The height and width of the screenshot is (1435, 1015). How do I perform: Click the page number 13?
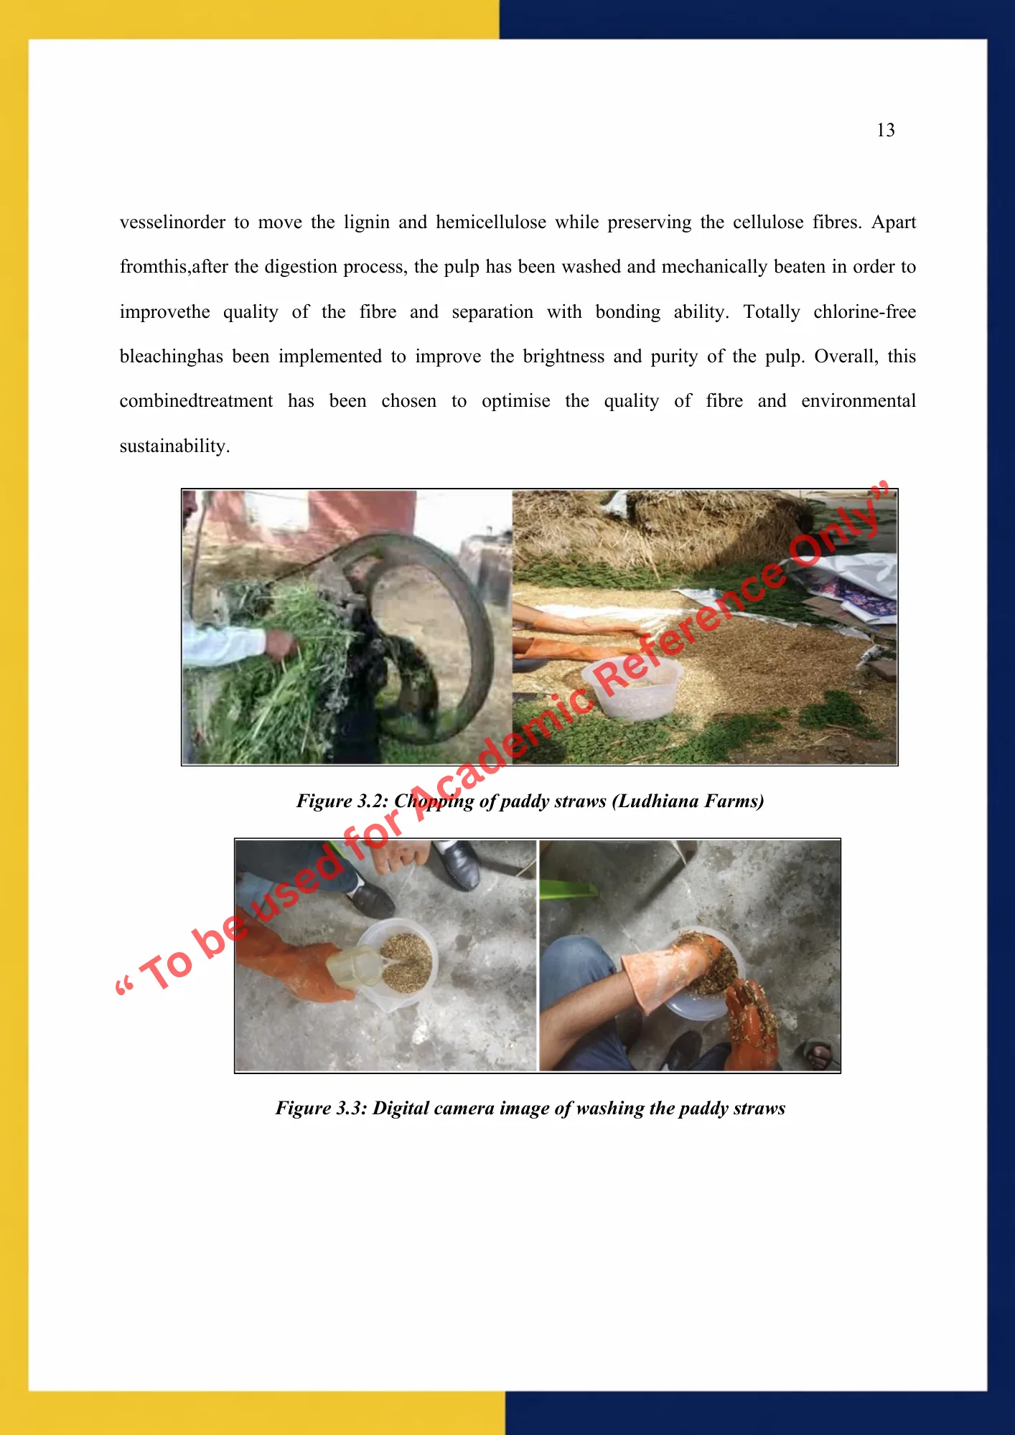click(886, 130)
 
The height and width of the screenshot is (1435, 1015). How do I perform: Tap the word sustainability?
click(174, 446)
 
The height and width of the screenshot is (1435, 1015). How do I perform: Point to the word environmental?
click(859, 401)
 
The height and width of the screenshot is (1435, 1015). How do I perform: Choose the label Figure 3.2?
click(342, 801)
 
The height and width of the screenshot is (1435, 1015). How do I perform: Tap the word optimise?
click(515, 401)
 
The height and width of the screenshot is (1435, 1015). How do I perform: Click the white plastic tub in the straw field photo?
click(632, 687)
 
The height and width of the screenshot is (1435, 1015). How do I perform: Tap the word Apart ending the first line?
click(893, 222)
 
